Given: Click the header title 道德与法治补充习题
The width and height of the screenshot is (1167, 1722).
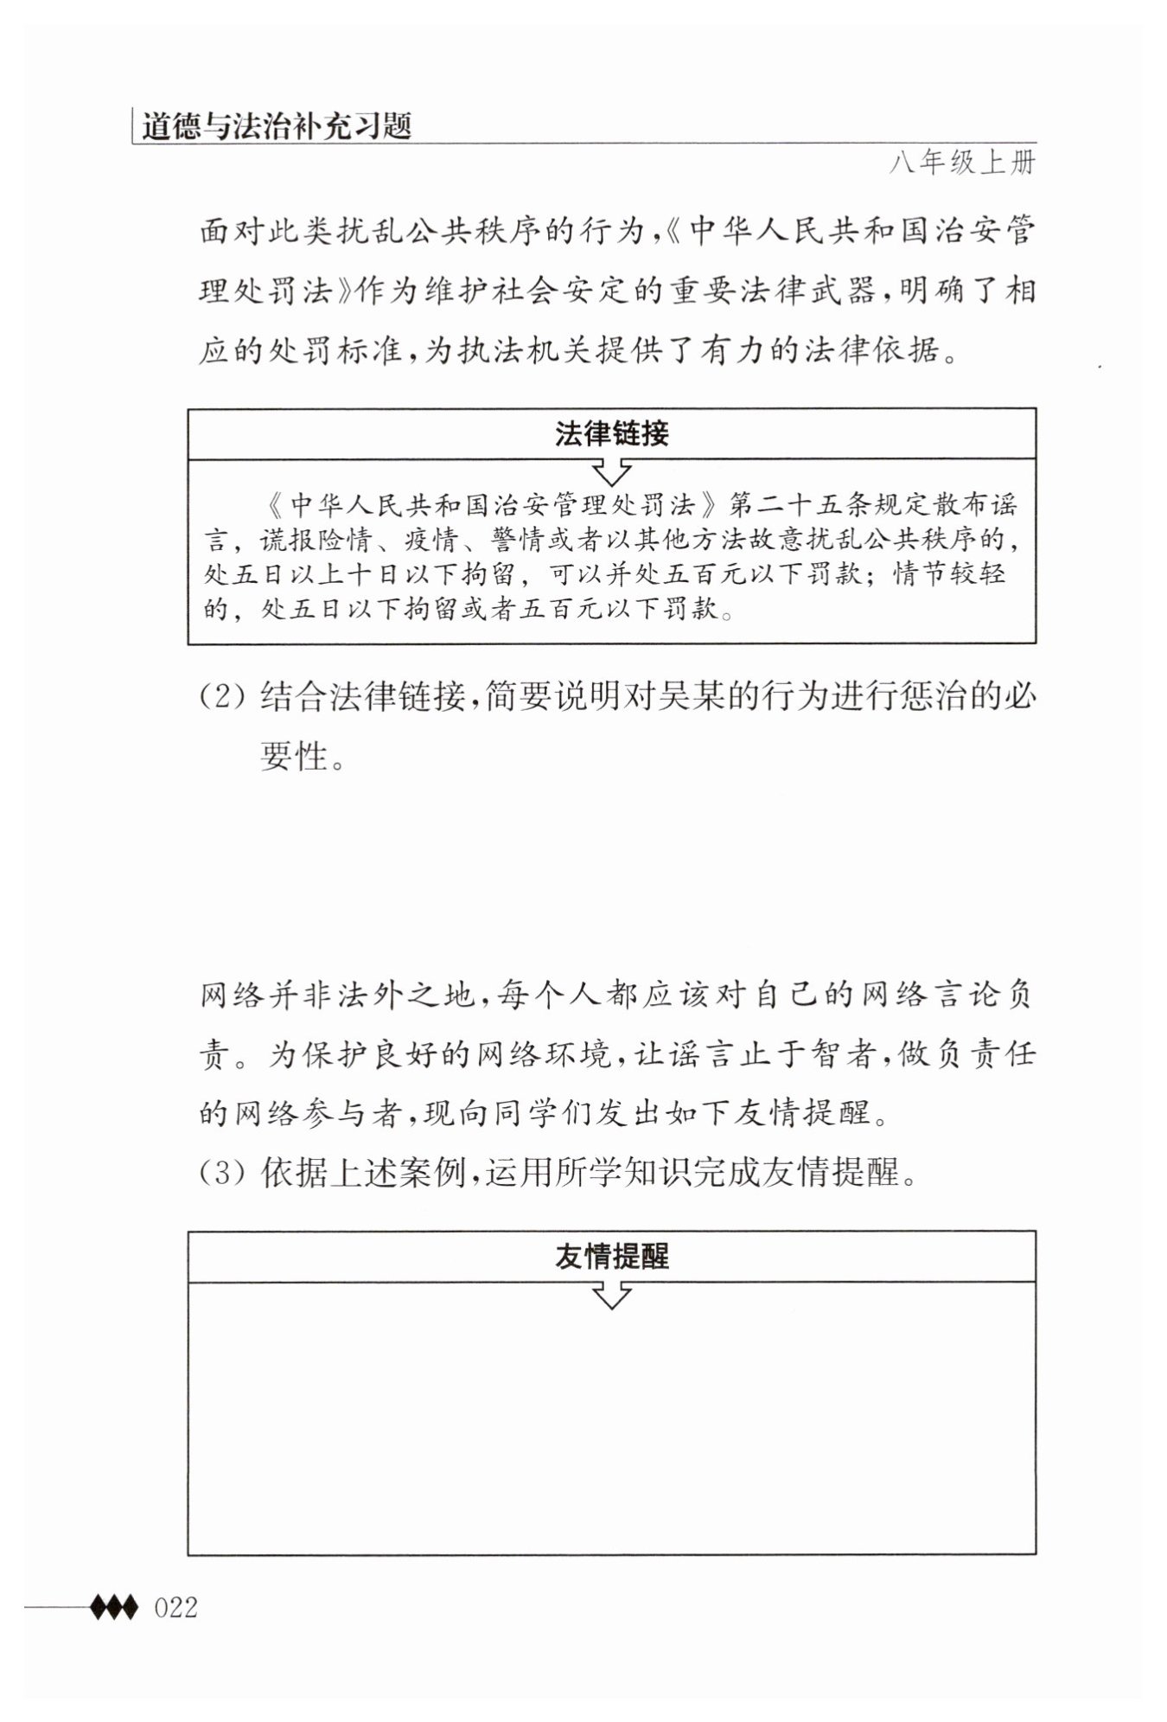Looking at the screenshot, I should coord(276,126).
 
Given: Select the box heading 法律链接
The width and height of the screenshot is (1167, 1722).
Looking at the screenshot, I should coord(611,433).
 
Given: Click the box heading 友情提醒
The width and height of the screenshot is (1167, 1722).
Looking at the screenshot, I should coord(611,1256).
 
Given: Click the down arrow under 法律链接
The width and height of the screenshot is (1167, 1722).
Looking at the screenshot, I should coord(611,472).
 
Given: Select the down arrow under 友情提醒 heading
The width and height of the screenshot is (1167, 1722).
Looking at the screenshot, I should coord(611,1296).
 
